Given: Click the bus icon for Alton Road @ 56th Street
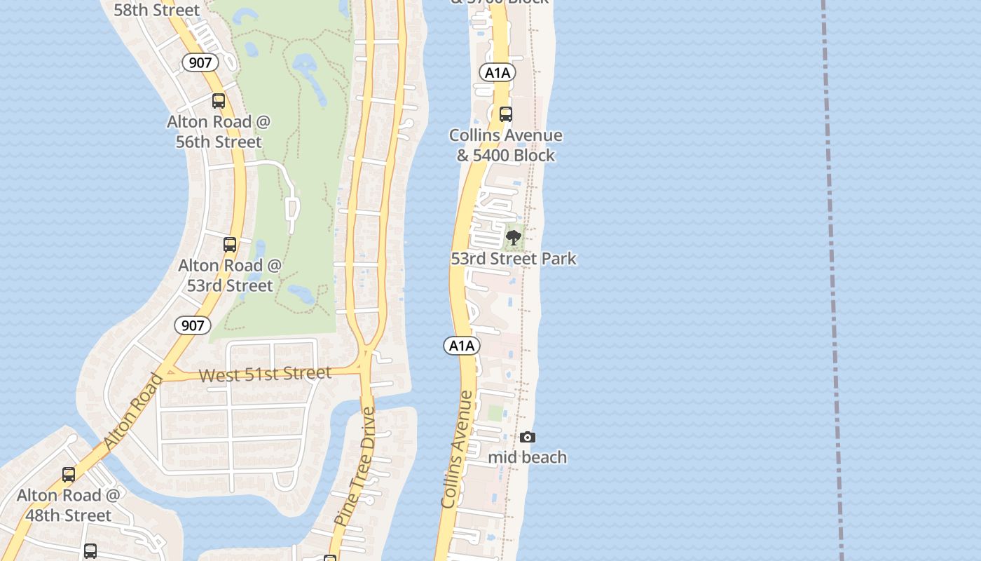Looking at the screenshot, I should click(x=219, y=101).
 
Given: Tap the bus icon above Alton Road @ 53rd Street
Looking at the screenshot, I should click(x=230, y=245).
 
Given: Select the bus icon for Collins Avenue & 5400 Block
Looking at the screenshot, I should click(x=506, y=114).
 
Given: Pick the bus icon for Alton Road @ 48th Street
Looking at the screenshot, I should click(x=69, y=475).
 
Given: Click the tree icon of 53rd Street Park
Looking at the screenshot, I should click(x=514, y=238).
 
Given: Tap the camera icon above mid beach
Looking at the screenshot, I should click(x=528, y=438).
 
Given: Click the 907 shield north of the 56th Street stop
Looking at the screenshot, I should click(x=200, y=62).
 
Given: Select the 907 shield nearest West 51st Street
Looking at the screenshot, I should click(x=192, y=325).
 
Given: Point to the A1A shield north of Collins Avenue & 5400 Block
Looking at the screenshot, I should click(x=498, y=72).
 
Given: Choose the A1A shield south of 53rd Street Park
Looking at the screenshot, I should click(x=462, y=345).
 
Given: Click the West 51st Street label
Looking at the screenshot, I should click(x=265, y=374).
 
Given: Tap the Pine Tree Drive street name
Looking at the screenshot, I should click(x=356, y=466).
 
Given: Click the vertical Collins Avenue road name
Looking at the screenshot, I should click(x=458, y=449).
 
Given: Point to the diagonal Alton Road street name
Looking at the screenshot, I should click(x=133, y=412).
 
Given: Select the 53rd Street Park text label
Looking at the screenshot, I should click(x=514, y=259).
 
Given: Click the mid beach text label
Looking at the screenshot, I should click(x=528, y=457).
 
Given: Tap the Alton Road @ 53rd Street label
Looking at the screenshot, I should click(x=230, y=276).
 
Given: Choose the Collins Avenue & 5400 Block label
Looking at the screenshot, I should click(x=506, y=145).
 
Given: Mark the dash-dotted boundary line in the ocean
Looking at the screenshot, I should click(x=832, y=280).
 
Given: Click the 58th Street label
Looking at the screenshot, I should click(x=157, y=10).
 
